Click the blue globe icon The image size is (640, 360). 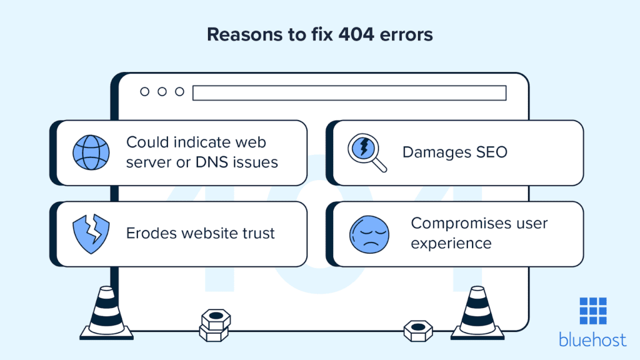(x=91, y=152)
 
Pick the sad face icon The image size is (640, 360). (x=369, y=234)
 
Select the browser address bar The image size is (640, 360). (x=349, y=92)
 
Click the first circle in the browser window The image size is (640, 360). (x=145, y=92)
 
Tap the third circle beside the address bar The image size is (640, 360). (x=180, y=92)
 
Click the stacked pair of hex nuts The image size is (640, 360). (x=216, y=324)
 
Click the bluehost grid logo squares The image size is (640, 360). (x=592, y=311)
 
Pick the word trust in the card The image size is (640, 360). (x=257, y=233)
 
